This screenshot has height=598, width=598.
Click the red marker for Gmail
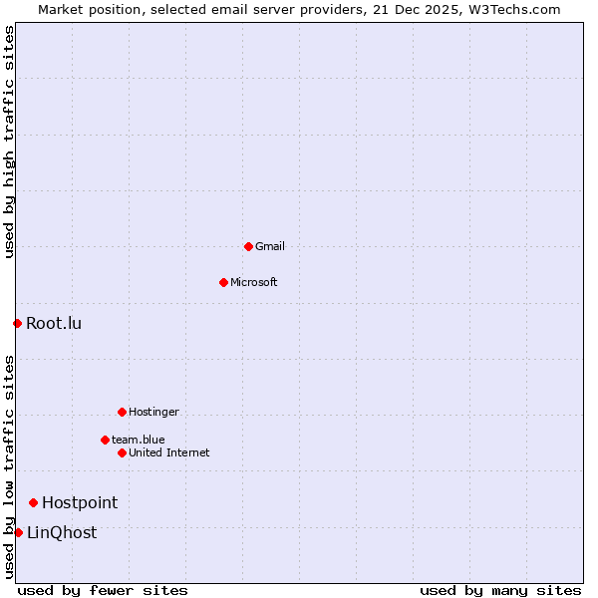248,246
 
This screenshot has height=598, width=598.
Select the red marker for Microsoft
223,282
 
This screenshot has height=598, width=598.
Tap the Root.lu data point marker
17,323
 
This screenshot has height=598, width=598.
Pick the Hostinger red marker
122,412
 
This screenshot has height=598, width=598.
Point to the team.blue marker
105,440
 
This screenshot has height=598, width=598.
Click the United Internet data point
122,452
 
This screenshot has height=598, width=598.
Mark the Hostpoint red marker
33,502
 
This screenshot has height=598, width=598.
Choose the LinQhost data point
18,532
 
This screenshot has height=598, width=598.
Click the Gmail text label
270,246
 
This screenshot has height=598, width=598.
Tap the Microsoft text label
254,282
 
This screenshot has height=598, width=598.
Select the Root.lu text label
54,323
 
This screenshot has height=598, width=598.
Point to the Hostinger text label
153,412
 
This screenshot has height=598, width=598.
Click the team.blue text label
139,440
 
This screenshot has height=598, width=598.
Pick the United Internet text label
169,452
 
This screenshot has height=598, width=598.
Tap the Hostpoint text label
80,502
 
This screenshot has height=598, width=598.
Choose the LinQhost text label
62,532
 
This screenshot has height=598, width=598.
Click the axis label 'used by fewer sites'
103,590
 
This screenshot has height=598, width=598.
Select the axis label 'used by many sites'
500,590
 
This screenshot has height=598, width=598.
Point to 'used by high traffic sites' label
9,143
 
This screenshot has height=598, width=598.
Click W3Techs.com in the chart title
513,9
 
